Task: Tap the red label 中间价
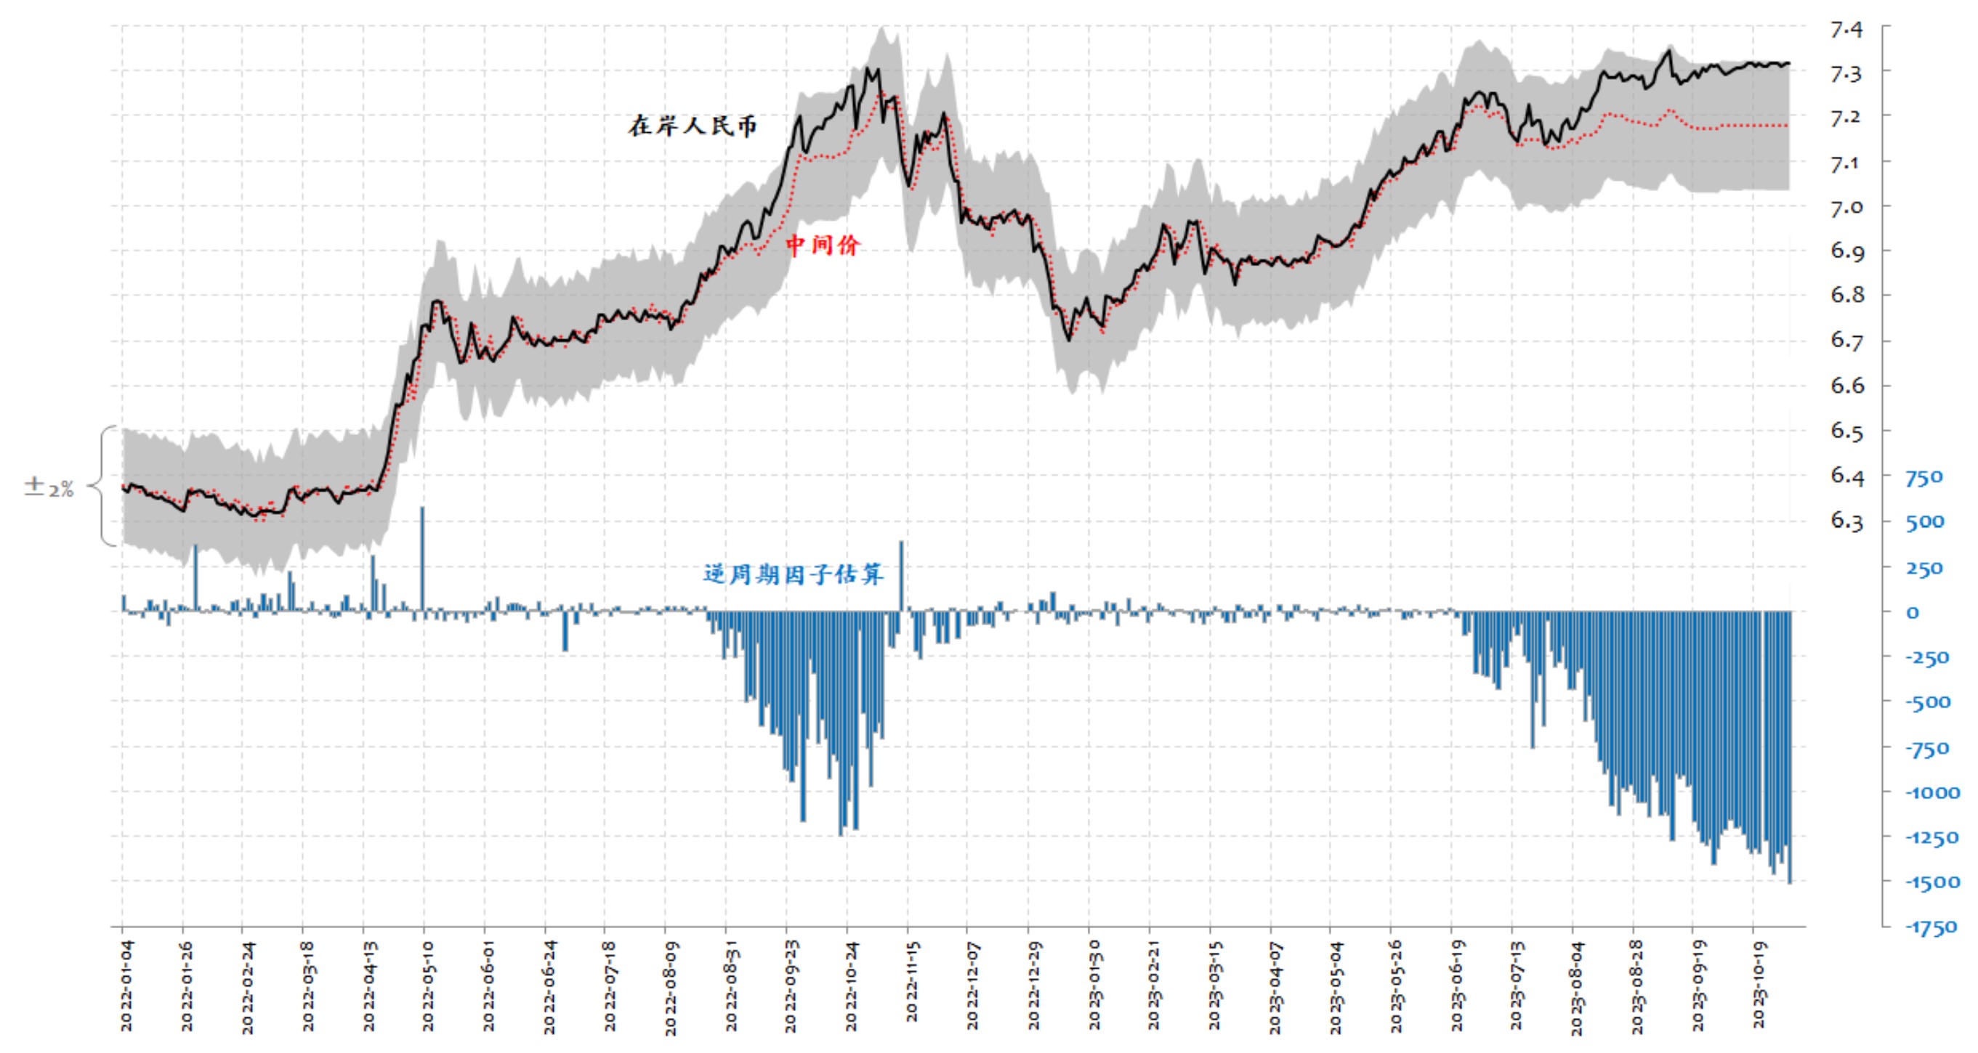(x=823, y=245)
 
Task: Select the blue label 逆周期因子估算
(x=794, y=574)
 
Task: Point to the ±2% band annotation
(x=49, y=487)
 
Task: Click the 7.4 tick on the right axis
(x=1846, y=30)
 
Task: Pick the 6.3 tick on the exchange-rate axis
(x=1846, y=521)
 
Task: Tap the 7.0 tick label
(x=1846, y=207)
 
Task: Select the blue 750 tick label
(x=1923, y=478)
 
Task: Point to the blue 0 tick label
(x=1913, y=612)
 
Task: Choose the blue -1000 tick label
(x=1932, y=793)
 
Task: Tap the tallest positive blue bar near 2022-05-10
(x=422, y=558)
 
